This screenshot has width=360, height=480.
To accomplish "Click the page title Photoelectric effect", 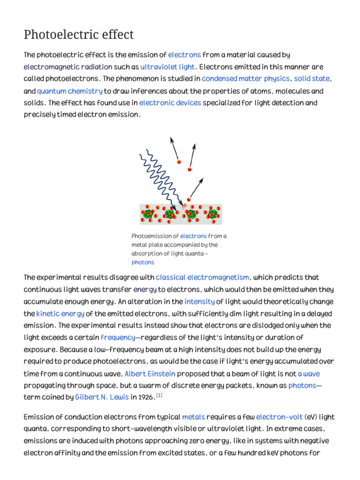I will [x=79, y=35].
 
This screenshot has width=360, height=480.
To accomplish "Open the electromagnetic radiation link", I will [x=68, y=67].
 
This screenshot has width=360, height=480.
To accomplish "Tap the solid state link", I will [x=312, y=79].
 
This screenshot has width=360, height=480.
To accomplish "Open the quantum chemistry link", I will [x=69, y=91].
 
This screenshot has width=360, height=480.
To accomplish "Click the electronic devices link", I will [x=170, y=103].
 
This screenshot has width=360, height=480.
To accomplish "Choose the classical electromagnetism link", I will [x=202, y=277].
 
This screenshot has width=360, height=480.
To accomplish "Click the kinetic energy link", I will [x=60, y=314].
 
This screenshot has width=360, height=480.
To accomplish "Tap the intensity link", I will [x=199, y=301].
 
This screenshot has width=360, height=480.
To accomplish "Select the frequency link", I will [x=118, y=337].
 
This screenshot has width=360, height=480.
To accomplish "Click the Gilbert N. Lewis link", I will [x=102, y=397].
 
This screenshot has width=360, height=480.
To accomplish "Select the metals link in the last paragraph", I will [x=193, y=417].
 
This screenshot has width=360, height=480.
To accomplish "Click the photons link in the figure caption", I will [x=142, y=262].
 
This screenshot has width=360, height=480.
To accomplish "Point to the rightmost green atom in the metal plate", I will [x=212, y=214].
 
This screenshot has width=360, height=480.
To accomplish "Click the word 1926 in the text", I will [x=145, y=397].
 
